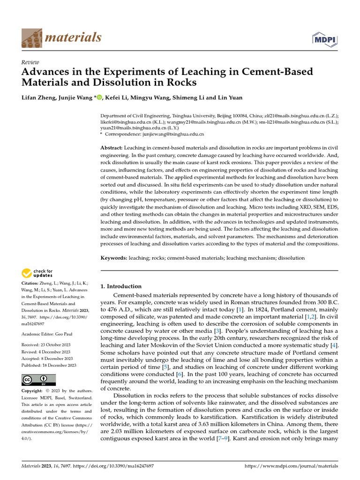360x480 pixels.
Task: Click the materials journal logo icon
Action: [x=31, y=37]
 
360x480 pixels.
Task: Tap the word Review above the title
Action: [x=30, y=62]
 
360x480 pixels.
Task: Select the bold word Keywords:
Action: [x=114, y=258]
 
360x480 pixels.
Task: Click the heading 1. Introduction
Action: [x=121, y=286]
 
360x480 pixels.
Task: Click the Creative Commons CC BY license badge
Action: [x=39, y=380]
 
